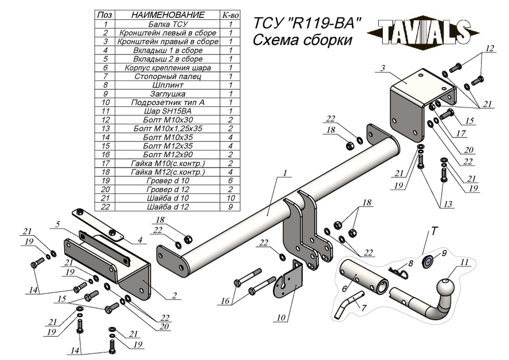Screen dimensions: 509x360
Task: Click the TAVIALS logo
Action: click(x=423, y=32)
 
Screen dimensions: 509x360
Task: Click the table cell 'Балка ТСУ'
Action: click(x=168, y=24)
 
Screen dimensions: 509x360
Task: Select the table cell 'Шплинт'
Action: click(x=168, y=85)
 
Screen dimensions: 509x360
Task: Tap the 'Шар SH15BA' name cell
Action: click(x=168, y=111)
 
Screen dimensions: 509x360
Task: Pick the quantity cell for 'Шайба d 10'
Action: click(x=231, y=198)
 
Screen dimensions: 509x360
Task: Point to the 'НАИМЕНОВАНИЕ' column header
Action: click(x=168, y=15)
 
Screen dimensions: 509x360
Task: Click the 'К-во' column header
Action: click(x=231, y=15)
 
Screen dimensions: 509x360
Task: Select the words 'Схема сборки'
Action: click(x=302, y=41)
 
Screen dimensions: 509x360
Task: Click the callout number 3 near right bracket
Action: click(x=383, y=68)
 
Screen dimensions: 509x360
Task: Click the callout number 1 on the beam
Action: click(x=285, y=174)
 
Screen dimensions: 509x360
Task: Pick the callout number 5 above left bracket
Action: click(x=58, y=225)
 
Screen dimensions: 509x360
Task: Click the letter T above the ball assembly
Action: click(x=434, y=231)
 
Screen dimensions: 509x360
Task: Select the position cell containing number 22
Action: click(x=105, y=207)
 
